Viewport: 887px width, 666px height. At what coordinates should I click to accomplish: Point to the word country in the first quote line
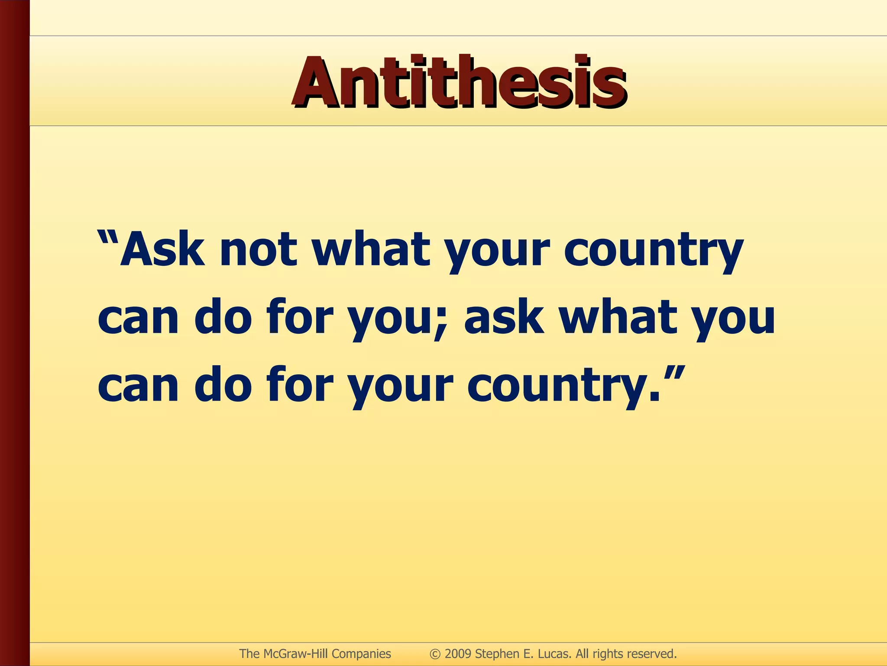click(x=653, y=251)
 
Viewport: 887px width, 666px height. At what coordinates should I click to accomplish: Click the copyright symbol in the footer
click(x=435, y=654)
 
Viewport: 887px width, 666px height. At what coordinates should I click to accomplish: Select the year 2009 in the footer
click(x=458, y=654)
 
